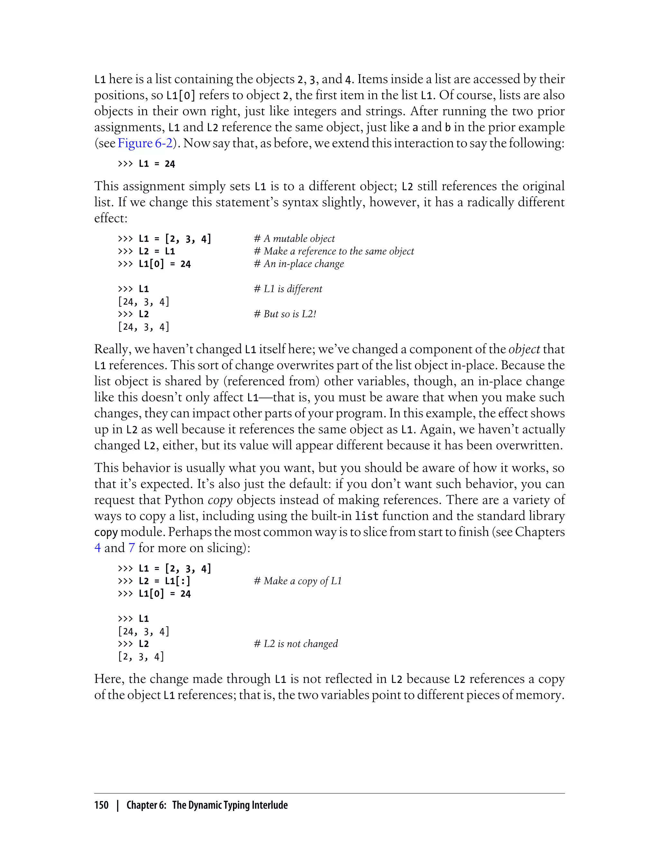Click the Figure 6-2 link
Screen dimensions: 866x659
(145, 143)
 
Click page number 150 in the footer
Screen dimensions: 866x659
(101, 805)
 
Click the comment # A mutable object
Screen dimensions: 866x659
(294, 238)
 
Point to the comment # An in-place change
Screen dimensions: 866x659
(299, 264)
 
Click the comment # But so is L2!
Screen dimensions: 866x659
(285, 314)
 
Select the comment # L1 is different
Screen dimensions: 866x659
(288, 289)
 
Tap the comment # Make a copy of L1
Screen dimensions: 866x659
(298, 581)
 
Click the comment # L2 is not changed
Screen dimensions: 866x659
(296, 644)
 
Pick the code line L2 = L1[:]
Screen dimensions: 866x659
(164, 581)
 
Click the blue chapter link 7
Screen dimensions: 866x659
(131, 547)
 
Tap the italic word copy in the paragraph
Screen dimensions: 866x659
(220, 500)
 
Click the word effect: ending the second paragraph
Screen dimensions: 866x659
(111, 218)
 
